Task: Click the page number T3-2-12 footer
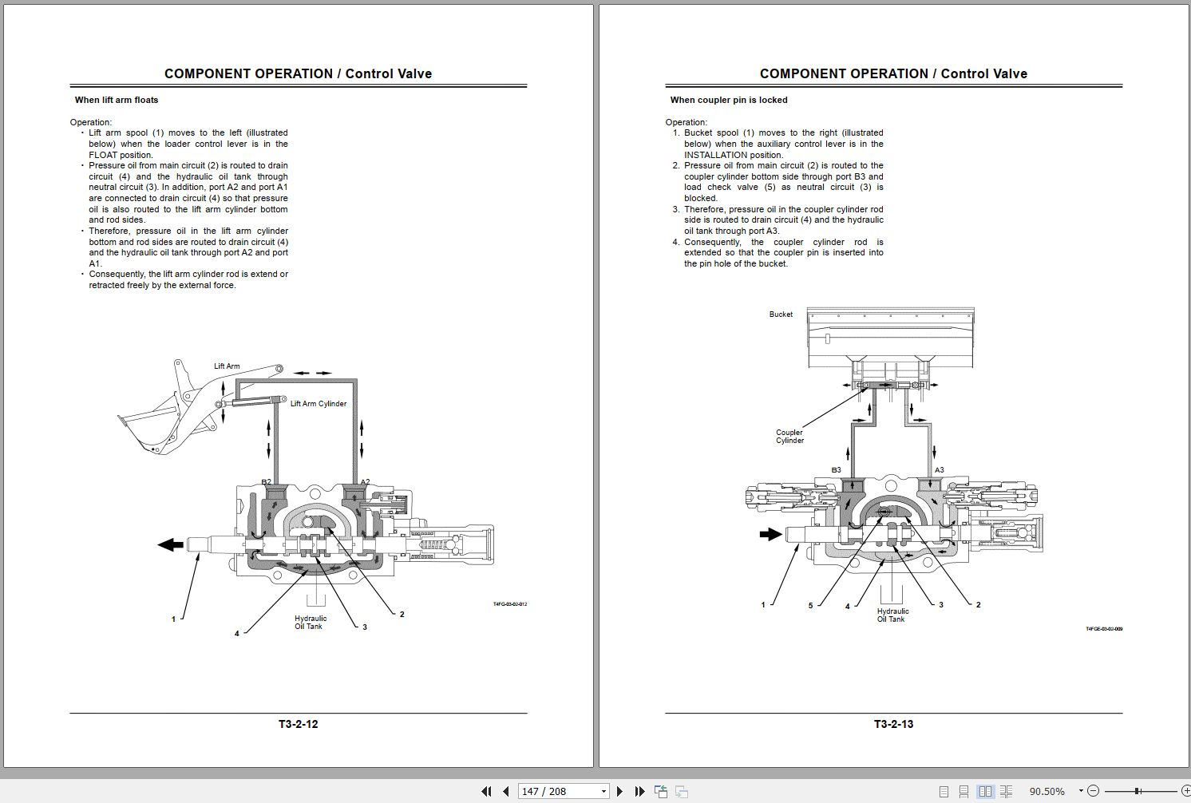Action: (x=298, y=724)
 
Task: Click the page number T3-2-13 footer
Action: (x=893, y=724)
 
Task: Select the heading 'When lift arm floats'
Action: (x=117, y=100)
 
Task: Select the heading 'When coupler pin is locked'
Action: (x=729, y=100)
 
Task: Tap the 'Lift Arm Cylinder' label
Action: (x=319, y=404)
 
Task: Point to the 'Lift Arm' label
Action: (x=227, y=366)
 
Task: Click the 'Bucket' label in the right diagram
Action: (x=781, y=314)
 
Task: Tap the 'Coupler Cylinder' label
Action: (x=789, y=437)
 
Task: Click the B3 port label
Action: (x=836, y=470)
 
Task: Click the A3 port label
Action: (x=939, y=470)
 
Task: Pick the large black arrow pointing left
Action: (x=171, y=544)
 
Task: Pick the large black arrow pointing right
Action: (x=770, y=534)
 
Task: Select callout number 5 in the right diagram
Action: (x=810, y=606)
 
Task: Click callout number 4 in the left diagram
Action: (x=236, y=634)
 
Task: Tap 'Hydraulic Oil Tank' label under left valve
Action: (x=310, y=623)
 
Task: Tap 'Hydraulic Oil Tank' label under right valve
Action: (x=892, y=615)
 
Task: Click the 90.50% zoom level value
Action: (x=1047, y=791)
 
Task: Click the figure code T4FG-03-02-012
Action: (x=509, y=604)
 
